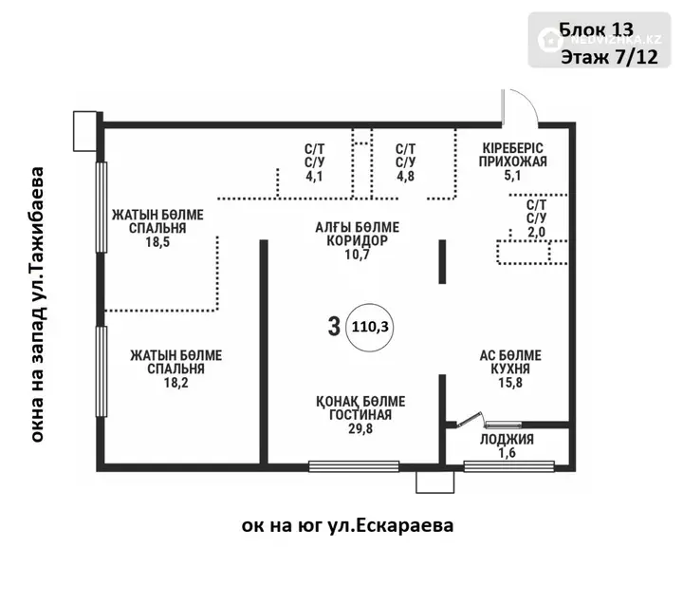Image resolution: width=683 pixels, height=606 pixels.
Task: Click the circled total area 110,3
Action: click(370, 327)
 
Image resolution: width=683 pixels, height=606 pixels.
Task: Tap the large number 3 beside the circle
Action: click(334, 327)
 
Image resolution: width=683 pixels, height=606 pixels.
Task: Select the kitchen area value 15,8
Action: click(510, 383)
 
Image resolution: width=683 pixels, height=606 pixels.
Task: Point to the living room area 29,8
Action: click(360, 429)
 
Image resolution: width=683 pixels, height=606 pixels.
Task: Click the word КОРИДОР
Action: click(358, 240)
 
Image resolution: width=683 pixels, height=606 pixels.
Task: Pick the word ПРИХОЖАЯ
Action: click(512, 161)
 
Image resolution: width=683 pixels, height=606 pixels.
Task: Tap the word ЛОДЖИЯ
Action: click(507, 440)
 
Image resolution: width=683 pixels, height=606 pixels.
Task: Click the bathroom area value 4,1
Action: click(314, 177)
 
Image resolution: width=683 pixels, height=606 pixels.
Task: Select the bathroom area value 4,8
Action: click(405, 177)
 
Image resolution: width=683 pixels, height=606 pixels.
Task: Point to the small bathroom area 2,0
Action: click(536, 232)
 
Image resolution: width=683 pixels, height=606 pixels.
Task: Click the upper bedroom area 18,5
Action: click(157, 241)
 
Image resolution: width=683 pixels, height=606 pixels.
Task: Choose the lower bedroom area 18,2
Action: click(176, 383)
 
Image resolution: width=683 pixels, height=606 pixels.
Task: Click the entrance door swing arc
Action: click(528, 101)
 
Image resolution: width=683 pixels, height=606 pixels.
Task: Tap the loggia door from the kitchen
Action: click(470, 419)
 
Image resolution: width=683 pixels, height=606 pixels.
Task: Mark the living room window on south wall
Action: click(354, 466)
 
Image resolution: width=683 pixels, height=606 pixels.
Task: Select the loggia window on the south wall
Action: click(508, 466)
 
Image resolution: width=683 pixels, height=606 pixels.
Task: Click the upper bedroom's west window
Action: click(102, 207)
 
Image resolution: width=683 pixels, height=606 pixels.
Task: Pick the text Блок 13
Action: click(596, 29)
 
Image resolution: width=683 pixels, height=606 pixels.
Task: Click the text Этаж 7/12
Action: click(609, 57)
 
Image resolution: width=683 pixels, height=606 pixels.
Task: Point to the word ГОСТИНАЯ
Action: click(360, 415)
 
